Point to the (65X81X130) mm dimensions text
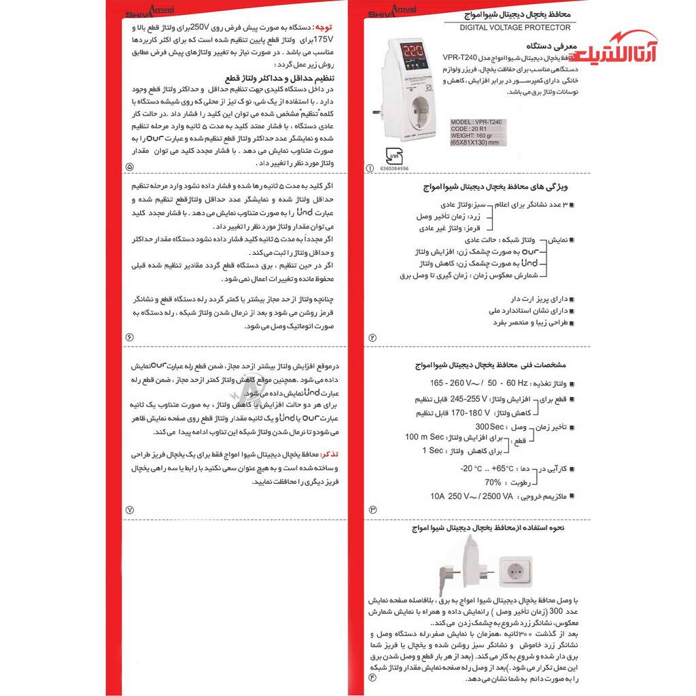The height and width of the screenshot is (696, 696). tap(474, 143)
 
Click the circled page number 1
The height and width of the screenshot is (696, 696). tap(370, 168)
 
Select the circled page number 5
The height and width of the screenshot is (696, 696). tap(130, 167)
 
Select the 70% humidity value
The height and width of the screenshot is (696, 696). tap(493, 482)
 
